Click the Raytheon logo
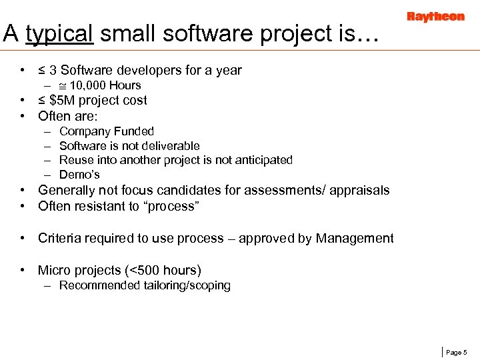click(x=435, y=17)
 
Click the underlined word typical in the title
click(x=59, y=33)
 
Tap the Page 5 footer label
click(x=456, y=352)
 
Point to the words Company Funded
click(x=106, y=131)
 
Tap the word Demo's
click(x=79, y=175)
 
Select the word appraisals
click(x=359, y=191)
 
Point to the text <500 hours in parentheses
click(x=163, y=271)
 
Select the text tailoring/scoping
click(x=187, y=285)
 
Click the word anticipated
click(x=263, y=160)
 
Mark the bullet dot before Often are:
click(x=23, y=116)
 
